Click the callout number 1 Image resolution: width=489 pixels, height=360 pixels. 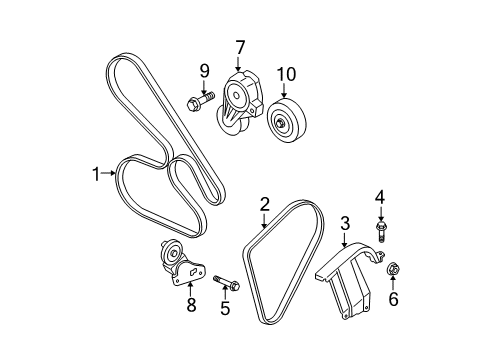click(x=97, y=173)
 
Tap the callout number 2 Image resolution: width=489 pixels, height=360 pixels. click(x=265, y=204)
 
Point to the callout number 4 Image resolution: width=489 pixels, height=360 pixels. click(x=380, y=196)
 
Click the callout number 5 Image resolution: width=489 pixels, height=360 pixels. click(x=225, y=308)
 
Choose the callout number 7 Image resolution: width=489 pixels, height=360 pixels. click(x=240, y=46)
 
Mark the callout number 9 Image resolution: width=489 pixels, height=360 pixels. click(x=204, y=70)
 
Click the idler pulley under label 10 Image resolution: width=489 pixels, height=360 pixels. click(x=288, y=122)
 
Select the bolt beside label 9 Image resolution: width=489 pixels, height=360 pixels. click(x=198, y=100)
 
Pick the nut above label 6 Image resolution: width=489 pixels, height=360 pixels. click(x=392, y=269)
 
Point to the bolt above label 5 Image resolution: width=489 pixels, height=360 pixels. click(x=224, y=282)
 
